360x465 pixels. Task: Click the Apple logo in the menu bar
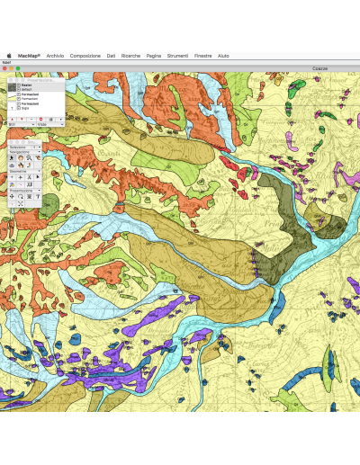point(9,55)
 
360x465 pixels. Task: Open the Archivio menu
point(55,55)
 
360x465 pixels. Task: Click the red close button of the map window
point(4,67)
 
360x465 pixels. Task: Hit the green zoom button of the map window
point(17,67)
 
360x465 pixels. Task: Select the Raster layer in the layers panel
point(26,85)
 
